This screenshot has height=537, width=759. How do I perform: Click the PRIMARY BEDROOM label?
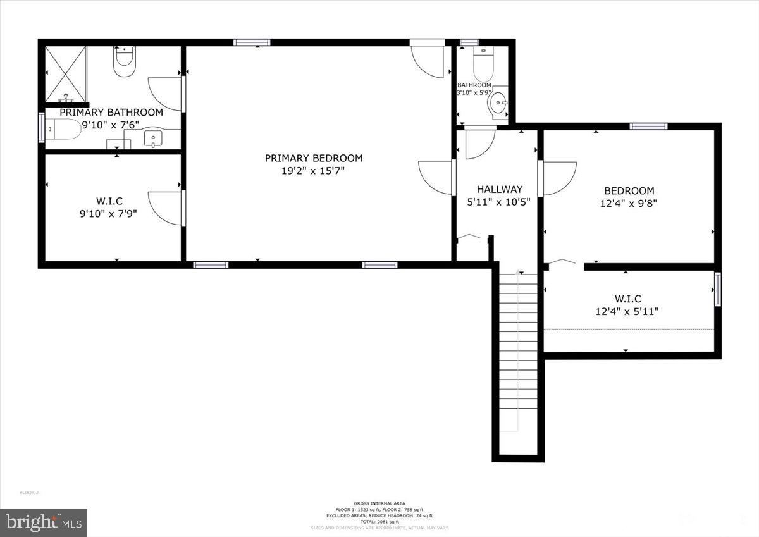[314, 158]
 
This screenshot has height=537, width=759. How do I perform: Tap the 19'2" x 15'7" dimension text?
[314, 171]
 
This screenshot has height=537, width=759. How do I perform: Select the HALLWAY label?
[500, 189]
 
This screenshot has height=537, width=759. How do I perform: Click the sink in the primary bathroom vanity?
[153, 137]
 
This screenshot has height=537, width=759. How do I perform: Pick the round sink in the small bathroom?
[500, 101]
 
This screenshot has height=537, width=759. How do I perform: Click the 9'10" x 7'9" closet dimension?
[108, 214]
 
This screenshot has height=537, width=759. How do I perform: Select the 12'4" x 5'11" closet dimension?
[628, 311]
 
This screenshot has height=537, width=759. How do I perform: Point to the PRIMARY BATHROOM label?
[111, 113]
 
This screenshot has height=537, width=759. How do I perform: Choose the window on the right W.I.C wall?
[717, 290]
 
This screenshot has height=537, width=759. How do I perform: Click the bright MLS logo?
[44, 522]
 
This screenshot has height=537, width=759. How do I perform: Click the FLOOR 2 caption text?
[30, 492]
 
